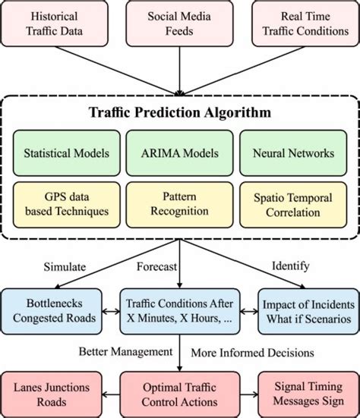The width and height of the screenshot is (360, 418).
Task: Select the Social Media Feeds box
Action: pos(180,24)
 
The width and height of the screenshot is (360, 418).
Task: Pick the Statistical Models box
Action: pos(65,152)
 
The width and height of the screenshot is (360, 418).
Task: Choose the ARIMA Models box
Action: pos(180,152)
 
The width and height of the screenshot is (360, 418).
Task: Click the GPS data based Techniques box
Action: pos(65,203)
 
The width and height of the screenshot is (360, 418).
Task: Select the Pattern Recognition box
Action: pos(180,203)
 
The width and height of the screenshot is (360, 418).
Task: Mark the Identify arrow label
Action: pos(292,266)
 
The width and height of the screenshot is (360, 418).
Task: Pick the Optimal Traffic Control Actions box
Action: pos(180,394)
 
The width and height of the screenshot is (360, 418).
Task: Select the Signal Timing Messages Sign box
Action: pos(306,394)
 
